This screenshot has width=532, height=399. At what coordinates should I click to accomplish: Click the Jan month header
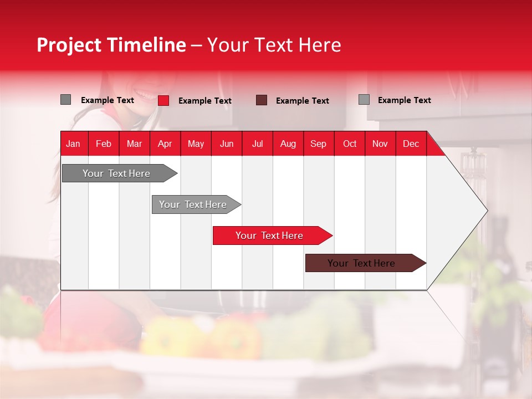coord(74,144)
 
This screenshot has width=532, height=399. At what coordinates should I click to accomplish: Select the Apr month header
coord(165,144)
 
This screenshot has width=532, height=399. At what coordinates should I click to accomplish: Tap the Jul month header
coord(258,144)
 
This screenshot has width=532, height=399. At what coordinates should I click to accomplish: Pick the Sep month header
coord(319,144)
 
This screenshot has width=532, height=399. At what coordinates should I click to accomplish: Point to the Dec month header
coord(411,144)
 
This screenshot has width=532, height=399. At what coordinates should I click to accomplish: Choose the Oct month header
coord(350,144)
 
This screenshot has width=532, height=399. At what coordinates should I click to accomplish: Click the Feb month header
coord(104,144)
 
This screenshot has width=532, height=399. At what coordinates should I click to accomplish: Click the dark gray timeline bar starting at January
coord(116,173)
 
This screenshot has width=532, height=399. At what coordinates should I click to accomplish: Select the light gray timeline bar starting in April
coord(193,204)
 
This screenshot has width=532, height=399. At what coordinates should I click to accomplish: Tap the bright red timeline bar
coord(269,236)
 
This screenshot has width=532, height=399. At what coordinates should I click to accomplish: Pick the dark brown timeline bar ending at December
coord(362,263)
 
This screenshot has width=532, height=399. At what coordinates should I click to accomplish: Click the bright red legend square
coord(163,100)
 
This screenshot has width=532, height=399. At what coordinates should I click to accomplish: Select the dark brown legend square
coord(262,100)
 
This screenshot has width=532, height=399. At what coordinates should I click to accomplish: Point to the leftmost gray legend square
coord(65,100)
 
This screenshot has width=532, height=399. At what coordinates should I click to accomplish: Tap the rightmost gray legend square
coord(364,100)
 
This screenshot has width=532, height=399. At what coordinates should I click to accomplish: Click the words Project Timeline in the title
coord(111,45)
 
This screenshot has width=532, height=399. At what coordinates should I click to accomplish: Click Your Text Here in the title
coord(274,45)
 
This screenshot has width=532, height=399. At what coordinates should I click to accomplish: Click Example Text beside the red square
coord(205,101)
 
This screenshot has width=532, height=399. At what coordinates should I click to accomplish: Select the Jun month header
coord(227,144)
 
